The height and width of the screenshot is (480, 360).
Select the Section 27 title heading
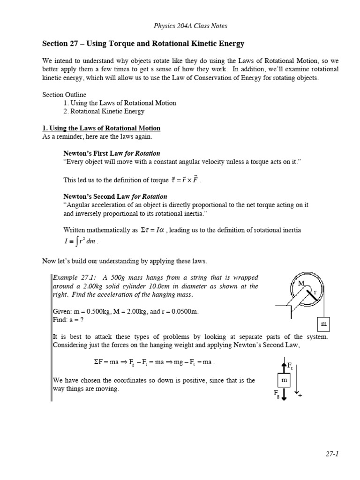143,44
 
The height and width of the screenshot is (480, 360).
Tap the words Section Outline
64,94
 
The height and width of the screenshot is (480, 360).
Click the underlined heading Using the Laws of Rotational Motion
101,128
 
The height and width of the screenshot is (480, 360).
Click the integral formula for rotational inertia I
81,242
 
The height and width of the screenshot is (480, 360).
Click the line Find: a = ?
68,320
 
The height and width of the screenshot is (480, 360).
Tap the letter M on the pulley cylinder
301,284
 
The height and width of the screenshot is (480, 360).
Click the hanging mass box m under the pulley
323,324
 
